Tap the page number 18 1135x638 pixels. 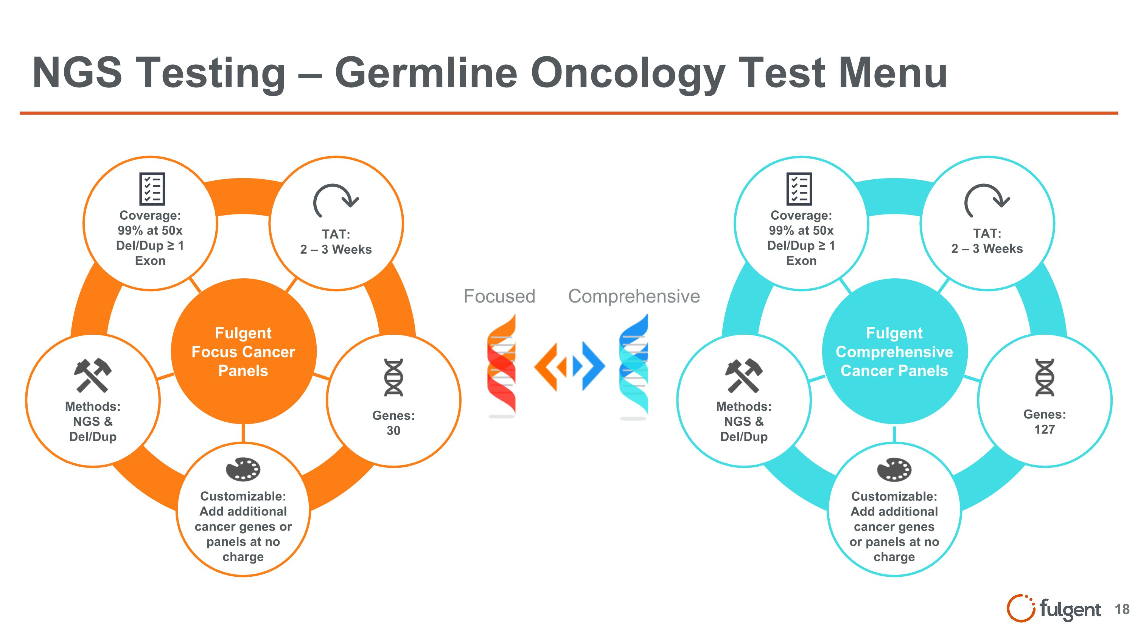point(1122,609)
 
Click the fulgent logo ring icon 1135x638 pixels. point(1020,608)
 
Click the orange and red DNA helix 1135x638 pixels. point(501,365)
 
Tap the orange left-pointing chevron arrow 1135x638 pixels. point(550,366)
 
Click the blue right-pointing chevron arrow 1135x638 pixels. point(589,366)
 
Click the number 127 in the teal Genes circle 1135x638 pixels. point(1045,429)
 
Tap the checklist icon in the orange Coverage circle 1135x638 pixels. point(152,189)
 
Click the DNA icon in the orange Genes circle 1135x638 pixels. point(393,377)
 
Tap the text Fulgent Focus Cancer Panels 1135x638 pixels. point(243,352)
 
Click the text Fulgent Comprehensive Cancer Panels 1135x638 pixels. point(894,352)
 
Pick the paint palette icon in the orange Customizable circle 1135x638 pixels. point(243,469)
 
